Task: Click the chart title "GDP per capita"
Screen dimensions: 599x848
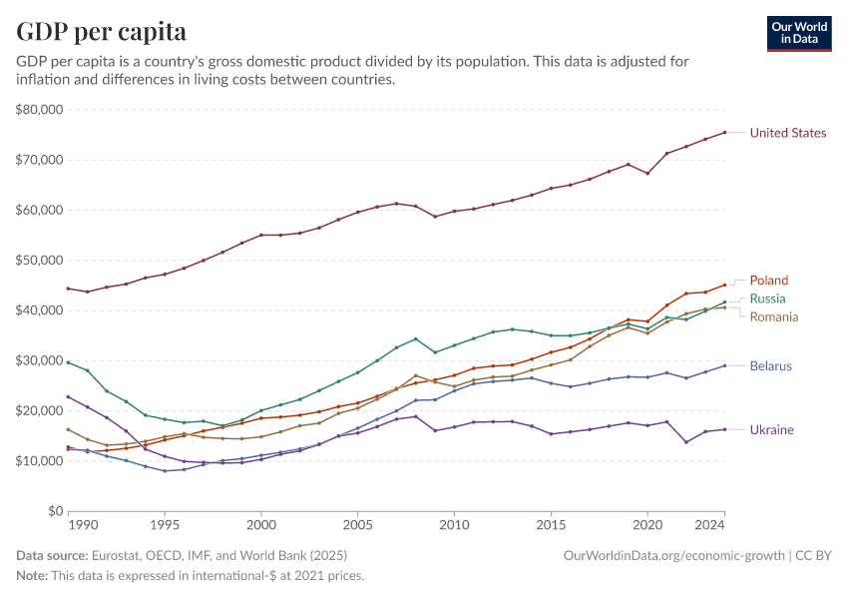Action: point(101,31)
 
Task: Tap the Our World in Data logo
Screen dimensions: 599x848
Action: point(800,33)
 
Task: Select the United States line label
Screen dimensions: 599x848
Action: point(787,133)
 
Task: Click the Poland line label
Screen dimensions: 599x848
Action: point(768,281)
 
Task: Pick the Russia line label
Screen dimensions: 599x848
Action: point(767,299)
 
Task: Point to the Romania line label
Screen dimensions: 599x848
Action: point(774,316)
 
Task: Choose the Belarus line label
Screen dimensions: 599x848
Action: point(770,365)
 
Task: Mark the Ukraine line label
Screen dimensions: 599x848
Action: point(771,429)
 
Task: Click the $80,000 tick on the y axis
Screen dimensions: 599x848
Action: point(40,109)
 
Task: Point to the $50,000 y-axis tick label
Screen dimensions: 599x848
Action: point(40,260)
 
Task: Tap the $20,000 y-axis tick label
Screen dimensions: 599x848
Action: point(40,410)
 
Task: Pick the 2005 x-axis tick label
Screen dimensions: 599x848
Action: point(357,525)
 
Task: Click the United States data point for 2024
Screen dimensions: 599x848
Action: point(724,132)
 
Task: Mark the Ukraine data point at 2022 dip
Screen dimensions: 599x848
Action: point(686,442)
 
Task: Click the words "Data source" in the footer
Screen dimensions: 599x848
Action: point(51,555)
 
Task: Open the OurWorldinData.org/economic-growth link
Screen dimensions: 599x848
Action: point(675,555)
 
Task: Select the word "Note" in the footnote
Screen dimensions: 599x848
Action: point(32,575)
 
